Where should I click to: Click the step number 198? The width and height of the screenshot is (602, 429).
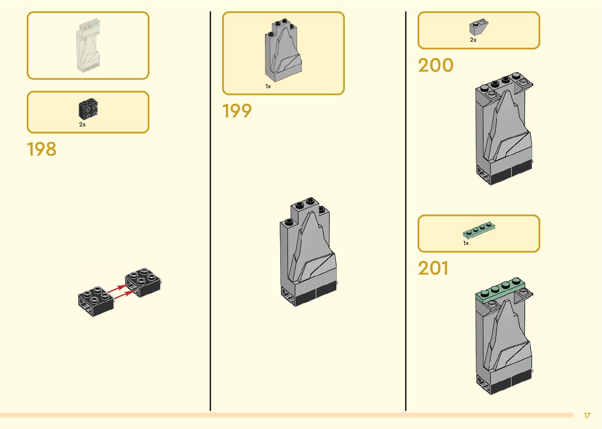click(x=42, y=149)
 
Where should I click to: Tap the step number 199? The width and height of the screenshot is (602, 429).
click(x=237, y=111)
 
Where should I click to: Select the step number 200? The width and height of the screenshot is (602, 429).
click(x=436, y=65)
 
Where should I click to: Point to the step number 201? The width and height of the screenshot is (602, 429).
click(x=433, y=268)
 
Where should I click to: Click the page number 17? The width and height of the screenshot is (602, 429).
click(x=587, y=415)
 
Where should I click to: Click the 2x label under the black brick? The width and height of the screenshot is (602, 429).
click(x=82, y=124)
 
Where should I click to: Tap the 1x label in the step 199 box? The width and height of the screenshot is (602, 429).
click(x=268, y=86)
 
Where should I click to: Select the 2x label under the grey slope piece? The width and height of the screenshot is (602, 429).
click(x=473, y=40)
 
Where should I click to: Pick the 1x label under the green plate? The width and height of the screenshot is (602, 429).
click(x=466, y=243)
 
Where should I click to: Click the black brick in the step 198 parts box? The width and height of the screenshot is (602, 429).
click(x=88, y=109)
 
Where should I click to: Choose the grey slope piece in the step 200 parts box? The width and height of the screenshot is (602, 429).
click(x=478, y=27)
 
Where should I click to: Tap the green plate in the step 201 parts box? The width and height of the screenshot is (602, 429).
click(x=479, y=230)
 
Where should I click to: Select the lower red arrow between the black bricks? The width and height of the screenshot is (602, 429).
click(x=123, y=294)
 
